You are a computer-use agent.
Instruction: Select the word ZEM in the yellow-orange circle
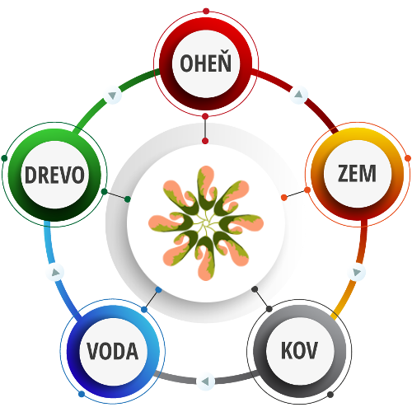[x=357, y=174]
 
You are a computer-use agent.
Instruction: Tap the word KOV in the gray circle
[x=299, y=350]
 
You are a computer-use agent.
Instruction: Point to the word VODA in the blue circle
[x=113, y=351]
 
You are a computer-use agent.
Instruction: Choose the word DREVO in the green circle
[x=54, y=175]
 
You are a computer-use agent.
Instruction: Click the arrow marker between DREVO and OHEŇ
[x=112, y=96]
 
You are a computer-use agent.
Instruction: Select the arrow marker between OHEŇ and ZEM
[x=299, y=95]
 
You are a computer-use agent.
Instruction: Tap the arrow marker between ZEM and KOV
[x=357, y=272]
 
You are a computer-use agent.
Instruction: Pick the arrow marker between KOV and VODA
[x=205, y=382]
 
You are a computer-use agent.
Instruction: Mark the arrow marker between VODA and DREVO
[x=55, y=272]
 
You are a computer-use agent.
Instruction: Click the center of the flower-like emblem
[x=206, y=223]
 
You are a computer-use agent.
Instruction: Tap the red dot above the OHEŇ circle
[x=206, y=12]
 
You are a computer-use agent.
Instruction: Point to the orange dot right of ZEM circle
[x=408, y=158]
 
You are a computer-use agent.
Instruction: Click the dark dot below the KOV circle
[x=330, y=395]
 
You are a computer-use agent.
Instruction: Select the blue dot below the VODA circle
[x=82, y=395]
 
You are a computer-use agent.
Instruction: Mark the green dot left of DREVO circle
[x=4, y=158]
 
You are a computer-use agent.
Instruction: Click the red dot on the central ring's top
[x=205, y=141]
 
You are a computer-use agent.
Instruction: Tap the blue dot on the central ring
[x=158, y=289]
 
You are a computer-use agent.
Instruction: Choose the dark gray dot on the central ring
[x=255, y=289]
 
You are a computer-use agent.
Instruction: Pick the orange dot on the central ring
[x=284, y=197]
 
